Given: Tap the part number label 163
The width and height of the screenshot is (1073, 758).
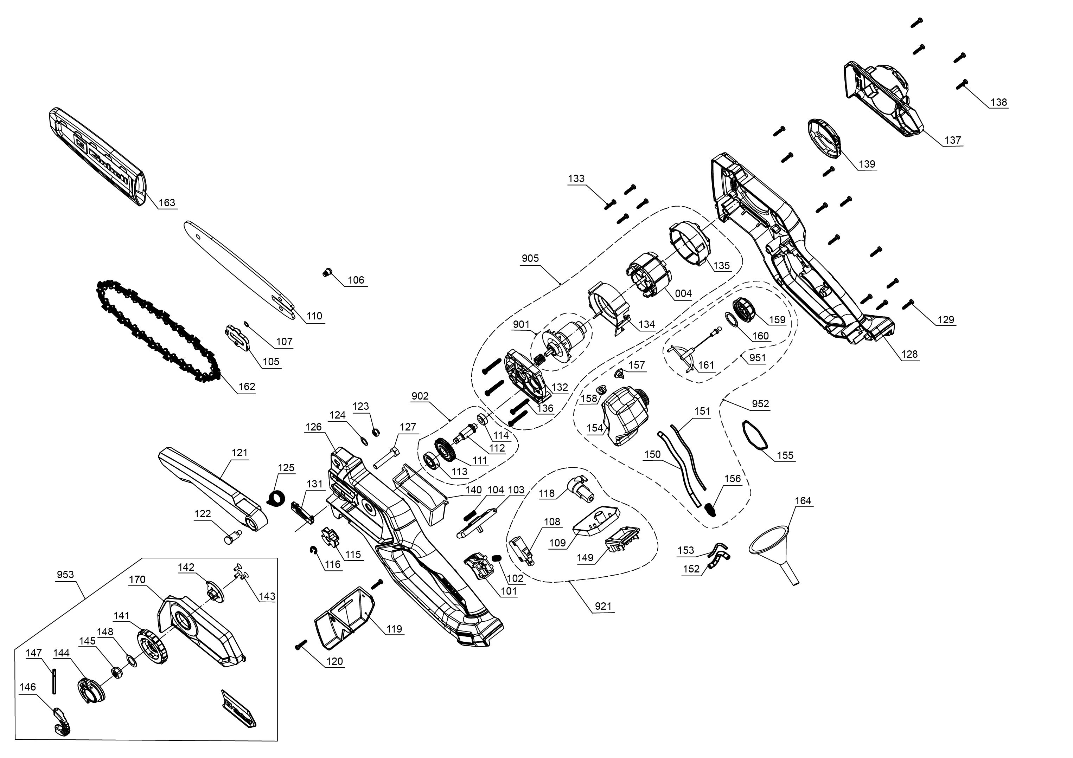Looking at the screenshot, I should (x=167, y=203).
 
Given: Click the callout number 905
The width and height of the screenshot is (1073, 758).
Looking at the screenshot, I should (x=530, y=258).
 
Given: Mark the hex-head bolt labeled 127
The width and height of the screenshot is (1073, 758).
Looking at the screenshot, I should (x=387, y=456).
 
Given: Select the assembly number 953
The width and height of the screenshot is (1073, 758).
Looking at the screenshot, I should (x=65, y=575).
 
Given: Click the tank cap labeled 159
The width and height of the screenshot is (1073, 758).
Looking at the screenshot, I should (x=743, y=309).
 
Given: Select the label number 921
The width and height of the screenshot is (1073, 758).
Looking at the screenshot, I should (x=603, y=606).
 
